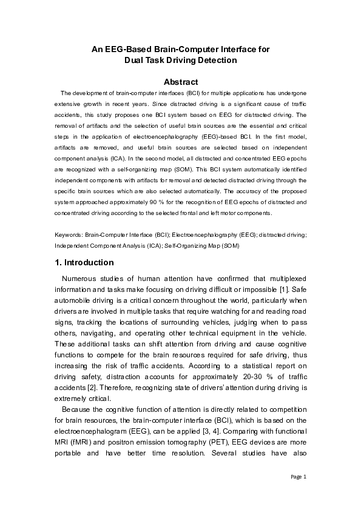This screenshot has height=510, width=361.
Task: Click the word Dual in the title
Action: click(135, 60)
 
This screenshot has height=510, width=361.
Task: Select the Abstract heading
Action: click(181, 82)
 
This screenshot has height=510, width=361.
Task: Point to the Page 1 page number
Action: click(299, 477)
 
